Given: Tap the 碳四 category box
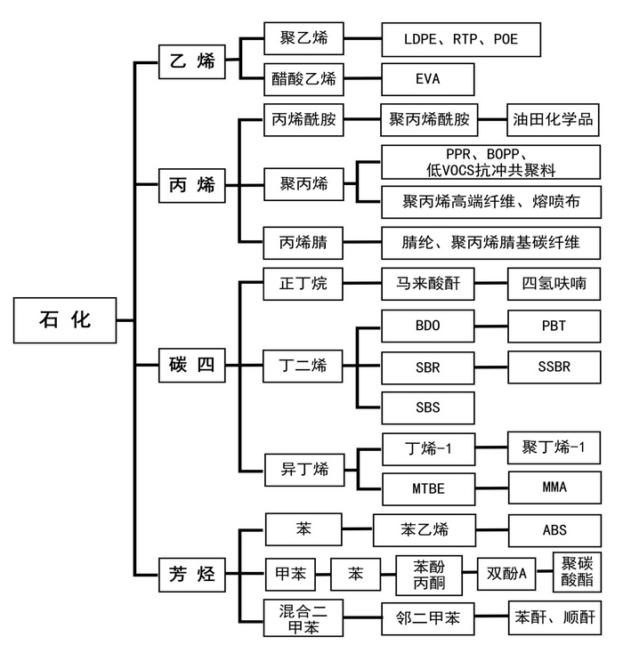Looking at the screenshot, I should (x=192, y=365).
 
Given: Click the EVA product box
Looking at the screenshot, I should (x=427, y=79).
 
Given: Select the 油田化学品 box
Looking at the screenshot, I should (x=553, y=119).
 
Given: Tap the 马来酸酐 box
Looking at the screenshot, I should (x=427, y=285).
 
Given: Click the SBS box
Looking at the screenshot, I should (x=427, y=407).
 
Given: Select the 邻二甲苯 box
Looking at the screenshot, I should (x=427, y=616).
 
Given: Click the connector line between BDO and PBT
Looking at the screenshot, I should (x=490, y=326).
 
